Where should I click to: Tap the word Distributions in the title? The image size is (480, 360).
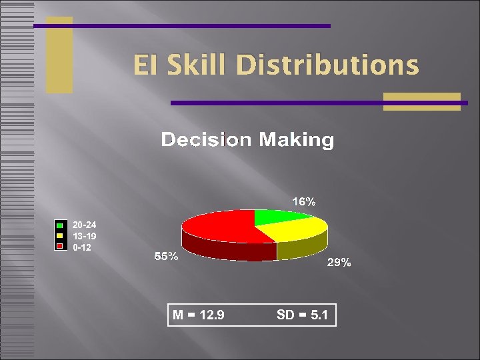click(327, 65)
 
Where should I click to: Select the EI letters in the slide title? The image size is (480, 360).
click(145, 65)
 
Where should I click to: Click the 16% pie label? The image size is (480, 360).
click(303, 201)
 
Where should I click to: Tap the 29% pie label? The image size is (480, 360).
click(339, 263)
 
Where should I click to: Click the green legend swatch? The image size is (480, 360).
click(59, 225)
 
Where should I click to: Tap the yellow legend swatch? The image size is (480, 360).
click(59, 236)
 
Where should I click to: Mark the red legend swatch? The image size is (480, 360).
click(59, 246)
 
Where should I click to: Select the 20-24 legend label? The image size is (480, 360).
click(85, 225)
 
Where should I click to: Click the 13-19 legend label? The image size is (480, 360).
click(85, 236)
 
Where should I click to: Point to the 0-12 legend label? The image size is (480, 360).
click(83, 247)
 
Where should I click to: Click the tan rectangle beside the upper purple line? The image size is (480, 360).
click(59, 55)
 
